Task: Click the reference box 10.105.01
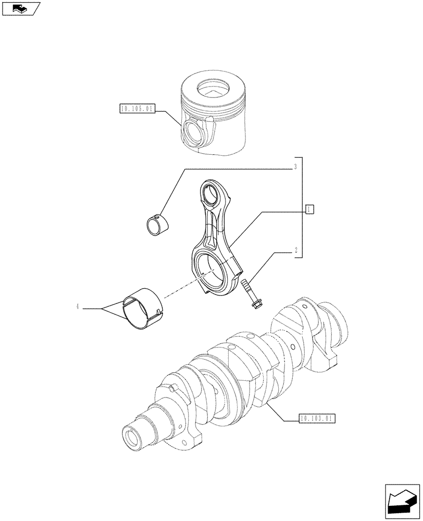[137, 109]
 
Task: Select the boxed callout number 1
[309, 209]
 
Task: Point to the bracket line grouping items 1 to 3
[302, 208]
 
